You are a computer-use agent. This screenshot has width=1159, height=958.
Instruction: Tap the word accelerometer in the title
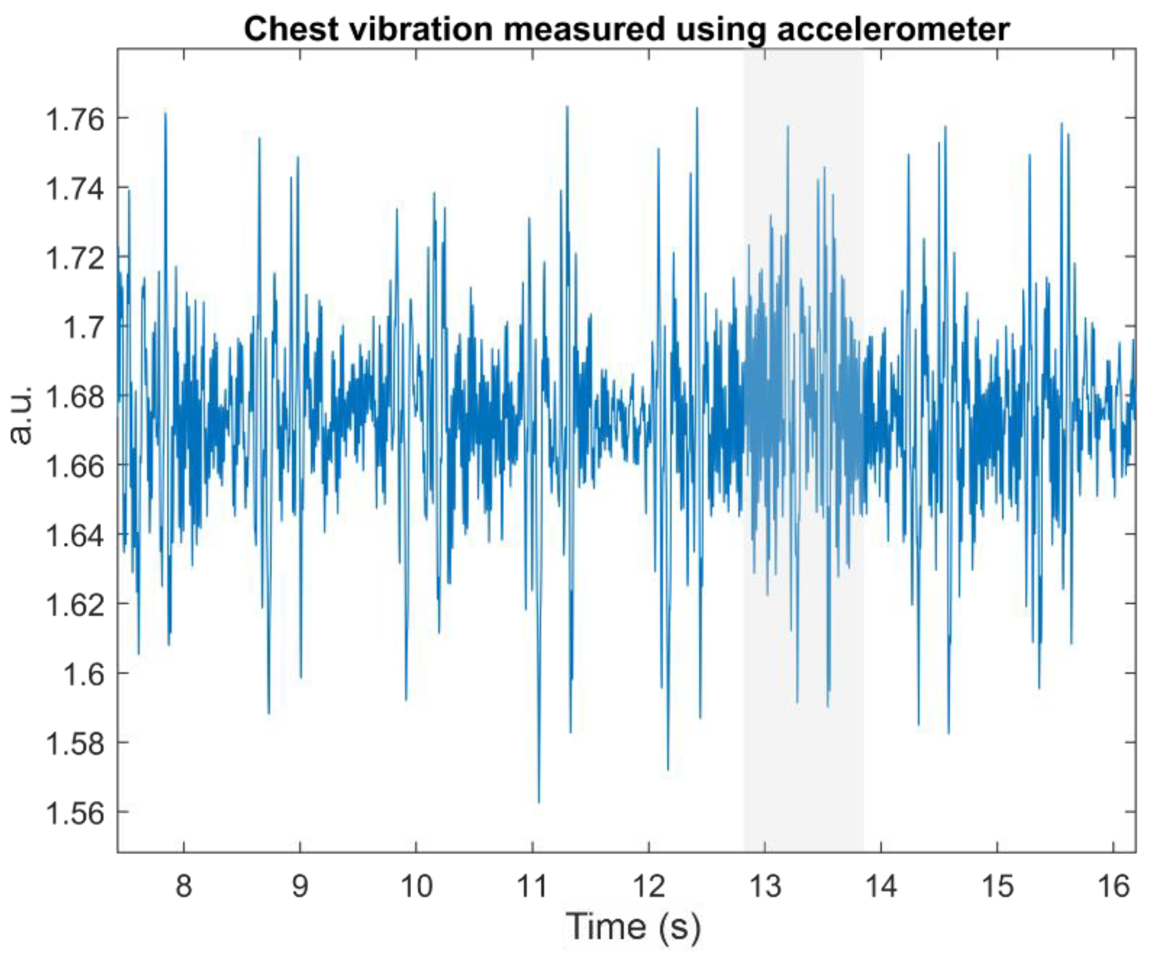[893, 29]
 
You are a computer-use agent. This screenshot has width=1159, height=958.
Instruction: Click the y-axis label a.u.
[21, 415]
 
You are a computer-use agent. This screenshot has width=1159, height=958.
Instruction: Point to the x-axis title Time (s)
[633, 926]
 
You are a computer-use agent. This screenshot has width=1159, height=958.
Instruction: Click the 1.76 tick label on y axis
[75, 119]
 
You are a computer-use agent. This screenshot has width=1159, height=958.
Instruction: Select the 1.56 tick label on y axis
[75, 813]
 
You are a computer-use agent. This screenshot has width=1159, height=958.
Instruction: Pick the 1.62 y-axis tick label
[75, 605]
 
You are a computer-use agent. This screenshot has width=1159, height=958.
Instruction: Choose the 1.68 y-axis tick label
[75, 397]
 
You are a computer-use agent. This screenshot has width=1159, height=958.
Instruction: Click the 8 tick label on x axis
[184, 886]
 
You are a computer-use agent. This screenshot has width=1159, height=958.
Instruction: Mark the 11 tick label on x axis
[532, 886]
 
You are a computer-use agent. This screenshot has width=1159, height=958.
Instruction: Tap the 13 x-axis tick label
[765, 886]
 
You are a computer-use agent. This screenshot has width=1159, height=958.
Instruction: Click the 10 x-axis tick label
[416, 886]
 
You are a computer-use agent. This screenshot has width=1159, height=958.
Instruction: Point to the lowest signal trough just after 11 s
[539, 801]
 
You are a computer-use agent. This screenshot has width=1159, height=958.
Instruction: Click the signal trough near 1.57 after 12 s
[668, 768]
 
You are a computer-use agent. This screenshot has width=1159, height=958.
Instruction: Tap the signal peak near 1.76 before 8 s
[165, 113]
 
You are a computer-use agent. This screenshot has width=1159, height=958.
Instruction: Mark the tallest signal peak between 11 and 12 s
[567, 107]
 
